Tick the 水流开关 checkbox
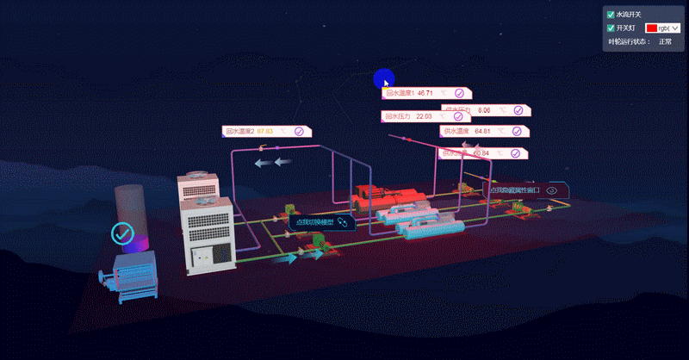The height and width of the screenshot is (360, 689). (x=611, y=15)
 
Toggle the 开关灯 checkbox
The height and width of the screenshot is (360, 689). (x=611, y=28)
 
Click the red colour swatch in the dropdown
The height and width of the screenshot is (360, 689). (x=651, y=28)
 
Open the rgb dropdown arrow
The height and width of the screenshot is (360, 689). (x=674, y=28)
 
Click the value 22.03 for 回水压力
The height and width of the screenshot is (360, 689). (x=424, y=115)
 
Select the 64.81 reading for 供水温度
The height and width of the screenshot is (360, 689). (x=482, y=131)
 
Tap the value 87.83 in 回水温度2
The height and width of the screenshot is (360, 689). (x=264, y=132)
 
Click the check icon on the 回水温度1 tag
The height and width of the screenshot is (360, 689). (x=459, y=92)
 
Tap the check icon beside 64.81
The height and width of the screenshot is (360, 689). (x=517, y=131)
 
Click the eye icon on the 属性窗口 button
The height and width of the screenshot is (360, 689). (x=552, y=190)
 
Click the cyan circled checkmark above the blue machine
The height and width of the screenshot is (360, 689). (x=122, y=233)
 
